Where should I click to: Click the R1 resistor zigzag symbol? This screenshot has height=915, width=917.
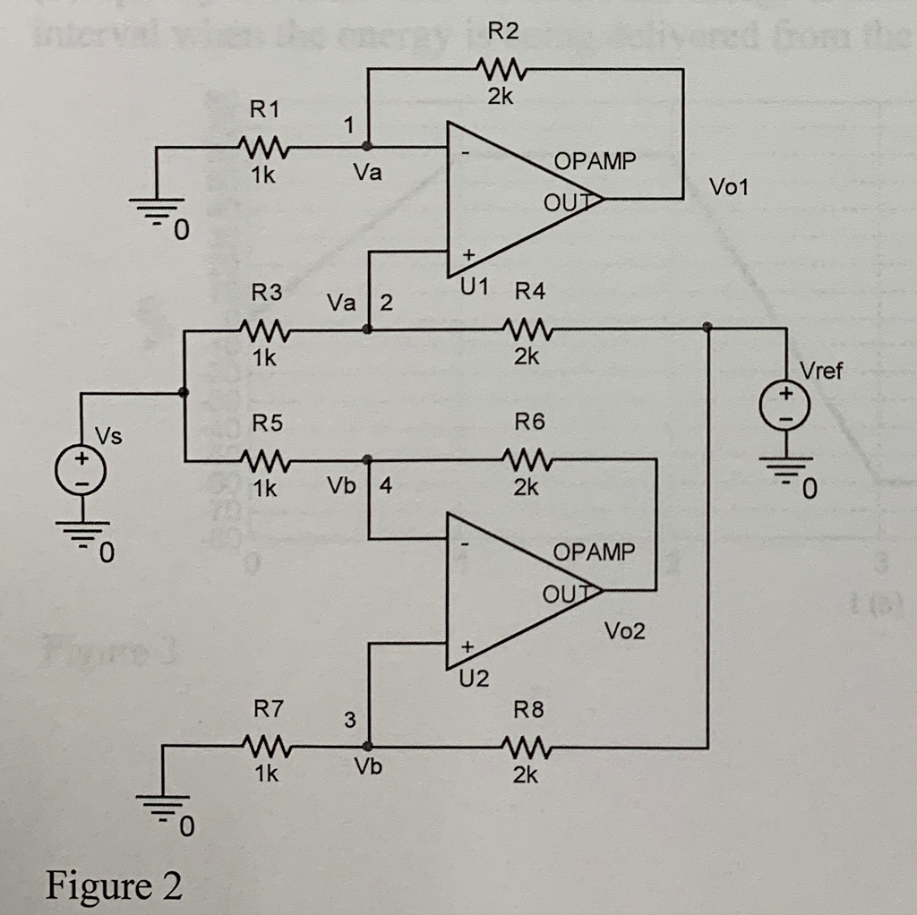261,146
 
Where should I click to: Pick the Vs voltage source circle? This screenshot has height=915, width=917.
81,470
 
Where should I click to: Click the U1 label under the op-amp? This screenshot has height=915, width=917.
474,288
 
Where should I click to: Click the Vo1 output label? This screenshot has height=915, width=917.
732,188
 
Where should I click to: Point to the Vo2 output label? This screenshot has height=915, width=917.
624,632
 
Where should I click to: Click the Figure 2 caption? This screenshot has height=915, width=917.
114,885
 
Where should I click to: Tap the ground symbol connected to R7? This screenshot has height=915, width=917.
163,807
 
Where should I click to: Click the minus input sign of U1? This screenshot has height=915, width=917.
466,154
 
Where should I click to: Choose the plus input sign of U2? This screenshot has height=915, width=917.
466,645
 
